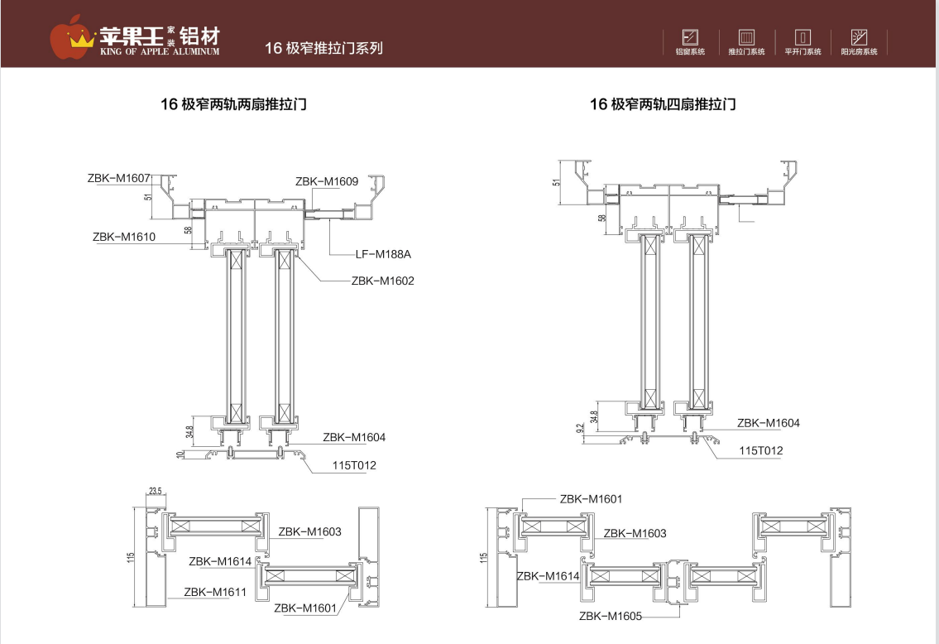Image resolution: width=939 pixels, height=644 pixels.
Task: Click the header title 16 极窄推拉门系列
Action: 323,48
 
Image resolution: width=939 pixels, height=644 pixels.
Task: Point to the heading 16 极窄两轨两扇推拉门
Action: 233,104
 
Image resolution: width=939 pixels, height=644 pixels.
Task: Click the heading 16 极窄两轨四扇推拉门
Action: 663,104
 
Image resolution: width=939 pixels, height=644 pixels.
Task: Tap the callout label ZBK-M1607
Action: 118,178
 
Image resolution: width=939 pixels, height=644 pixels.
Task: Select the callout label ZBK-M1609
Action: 326,181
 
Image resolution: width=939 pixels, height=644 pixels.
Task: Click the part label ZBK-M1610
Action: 124,237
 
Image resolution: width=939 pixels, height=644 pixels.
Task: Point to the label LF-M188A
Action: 383,254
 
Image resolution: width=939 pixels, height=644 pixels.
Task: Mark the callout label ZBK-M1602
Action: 382,281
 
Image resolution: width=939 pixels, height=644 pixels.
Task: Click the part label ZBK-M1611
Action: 215,592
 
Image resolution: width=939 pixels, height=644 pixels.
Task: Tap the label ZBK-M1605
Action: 611,616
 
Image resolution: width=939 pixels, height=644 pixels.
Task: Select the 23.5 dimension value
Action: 155,491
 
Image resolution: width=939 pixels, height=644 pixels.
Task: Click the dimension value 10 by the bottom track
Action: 180,454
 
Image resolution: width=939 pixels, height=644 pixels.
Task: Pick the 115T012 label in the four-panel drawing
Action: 760,451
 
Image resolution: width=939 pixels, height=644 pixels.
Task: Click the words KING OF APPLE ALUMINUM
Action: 159,51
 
